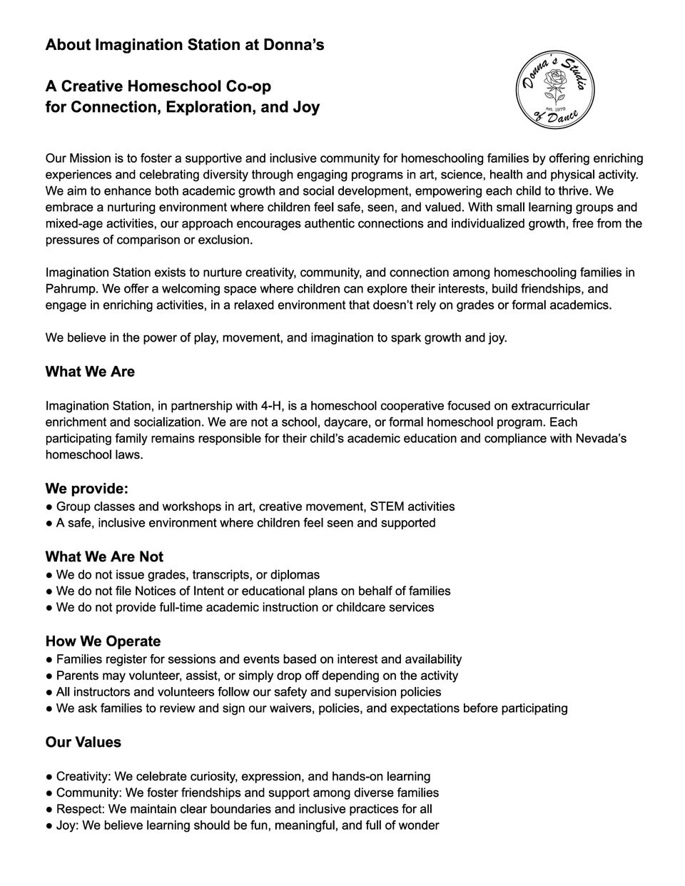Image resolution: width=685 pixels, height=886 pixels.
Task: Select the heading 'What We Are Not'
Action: point(104,557)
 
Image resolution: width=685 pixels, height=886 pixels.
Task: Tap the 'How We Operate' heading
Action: point(103,641)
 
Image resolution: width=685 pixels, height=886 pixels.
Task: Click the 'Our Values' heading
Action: point(83,743)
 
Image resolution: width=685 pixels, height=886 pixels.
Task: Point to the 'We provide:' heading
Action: point(86,489)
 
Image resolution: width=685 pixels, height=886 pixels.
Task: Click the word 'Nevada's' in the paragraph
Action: point(600,438)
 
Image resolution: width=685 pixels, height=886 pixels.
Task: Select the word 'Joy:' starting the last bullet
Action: point(68,825)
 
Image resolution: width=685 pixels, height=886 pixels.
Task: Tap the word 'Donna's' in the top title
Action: point(295,45)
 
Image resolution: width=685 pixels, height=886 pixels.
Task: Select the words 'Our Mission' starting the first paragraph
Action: point(78,158)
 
